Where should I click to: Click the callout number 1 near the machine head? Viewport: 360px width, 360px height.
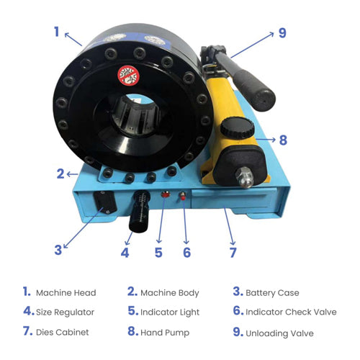click(x=57, y=32)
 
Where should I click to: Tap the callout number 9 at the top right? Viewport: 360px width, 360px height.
click(x=282, y=33)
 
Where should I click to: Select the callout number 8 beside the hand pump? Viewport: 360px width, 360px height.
click(x=283, y=140)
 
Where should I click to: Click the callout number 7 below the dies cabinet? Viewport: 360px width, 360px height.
click(x=233, y=253)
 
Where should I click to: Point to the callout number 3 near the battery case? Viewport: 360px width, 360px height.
click(x=58, y=250)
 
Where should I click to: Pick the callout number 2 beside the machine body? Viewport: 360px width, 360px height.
click(x=60, y=174)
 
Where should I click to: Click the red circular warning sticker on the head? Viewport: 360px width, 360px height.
click(x=128, y=76)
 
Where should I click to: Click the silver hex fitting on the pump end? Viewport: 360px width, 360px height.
click(x=244, y=177)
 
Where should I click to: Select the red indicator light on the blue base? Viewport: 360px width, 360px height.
click(x=165, y=194)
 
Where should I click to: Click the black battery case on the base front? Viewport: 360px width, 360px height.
click(x=105, y=202)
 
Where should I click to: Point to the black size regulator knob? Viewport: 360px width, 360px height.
click(x=140, y=212)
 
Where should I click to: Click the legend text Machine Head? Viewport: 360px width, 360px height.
click(x=66, y=293)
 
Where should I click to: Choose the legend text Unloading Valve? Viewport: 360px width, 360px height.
click(x=279, y=333)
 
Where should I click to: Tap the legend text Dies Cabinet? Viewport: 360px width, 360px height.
click(x=63, y=333)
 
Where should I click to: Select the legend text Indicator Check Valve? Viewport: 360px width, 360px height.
click(x=291, y=312)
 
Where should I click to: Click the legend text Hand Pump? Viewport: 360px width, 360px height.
click(x=165, y=333)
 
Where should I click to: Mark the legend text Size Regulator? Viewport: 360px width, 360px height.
click(x=65, y=312)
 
